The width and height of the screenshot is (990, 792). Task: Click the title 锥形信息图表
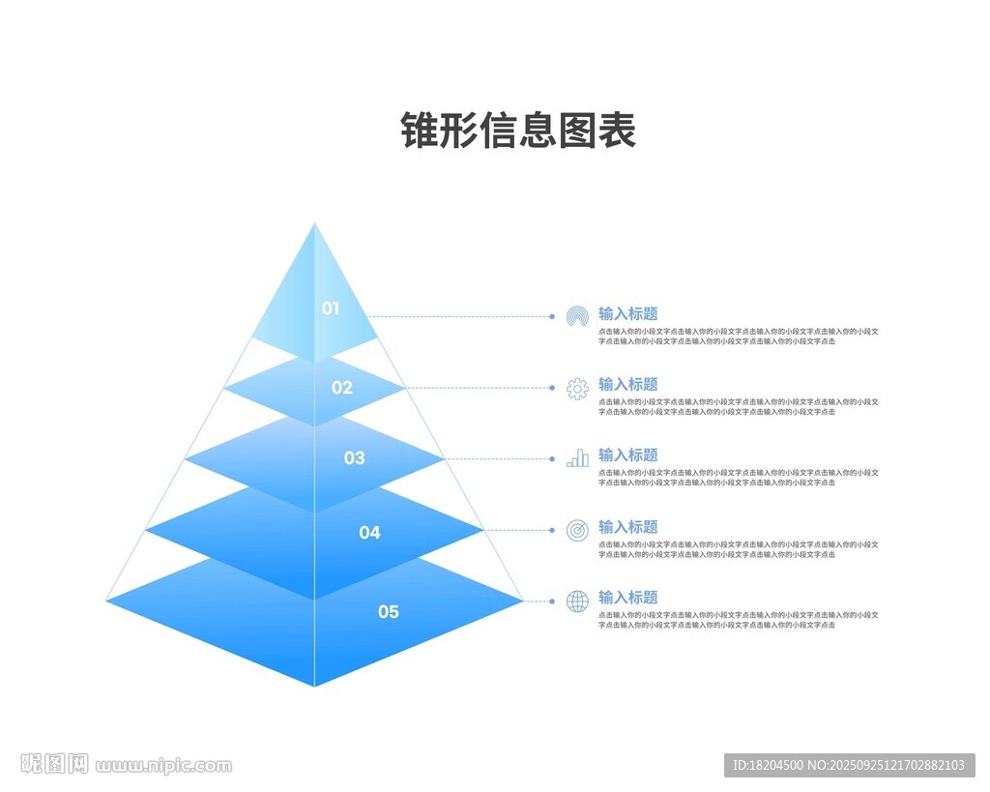pos(518,131)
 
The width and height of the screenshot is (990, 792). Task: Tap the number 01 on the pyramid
pos(331,308)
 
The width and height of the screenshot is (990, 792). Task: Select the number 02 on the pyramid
pos(342,388)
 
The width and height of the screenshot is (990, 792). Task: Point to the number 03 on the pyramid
pos(355,458)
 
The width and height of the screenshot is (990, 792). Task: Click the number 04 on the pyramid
pos(369,532)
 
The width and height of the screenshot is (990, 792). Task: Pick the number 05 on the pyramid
pos(388,611)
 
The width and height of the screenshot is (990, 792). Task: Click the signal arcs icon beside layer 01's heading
pos(577,316)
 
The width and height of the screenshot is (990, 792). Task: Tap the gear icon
pos(577,389)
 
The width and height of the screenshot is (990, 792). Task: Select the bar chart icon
pos(577,458)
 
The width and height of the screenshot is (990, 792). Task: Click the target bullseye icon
pos(577,530)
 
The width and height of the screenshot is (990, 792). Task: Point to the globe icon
pos(577,601)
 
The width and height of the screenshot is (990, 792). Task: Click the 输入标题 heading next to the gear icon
pos(627,384)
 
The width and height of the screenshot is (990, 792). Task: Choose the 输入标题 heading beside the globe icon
pos(627,598)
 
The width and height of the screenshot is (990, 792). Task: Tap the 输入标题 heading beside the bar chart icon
pos(627,455)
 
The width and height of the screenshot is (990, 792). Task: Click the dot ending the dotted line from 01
pos(552,316)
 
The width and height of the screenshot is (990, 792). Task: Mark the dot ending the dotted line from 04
pos(552,530)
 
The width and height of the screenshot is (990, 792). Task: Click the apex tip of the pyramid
pos(314,225)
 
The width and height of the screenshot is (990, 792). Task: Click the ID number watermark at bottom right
pos(849,765)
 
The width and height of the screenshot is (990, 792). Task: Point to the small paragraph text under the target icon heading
pos(738,549)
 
